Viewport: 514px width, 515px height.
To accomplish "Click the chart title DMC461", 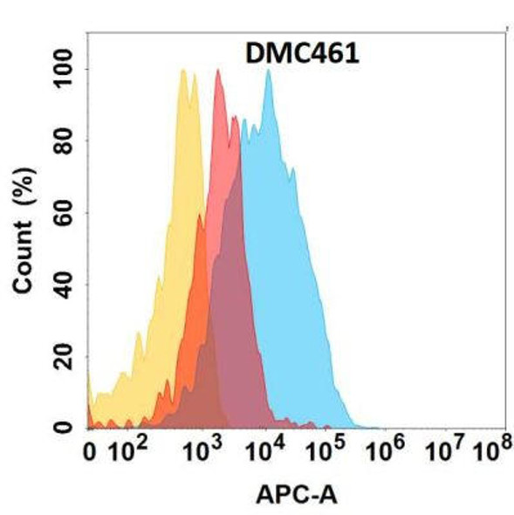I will [x=298, y=54].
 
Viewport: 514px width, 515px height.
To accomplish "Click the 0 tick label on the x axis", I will [x=89, y=452].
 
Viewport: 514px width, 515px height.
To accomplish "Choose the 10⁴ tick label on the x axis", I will [x=266, y=451].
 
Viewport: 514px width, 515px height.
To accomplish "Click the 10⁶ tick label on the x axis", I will [x=387, y=451].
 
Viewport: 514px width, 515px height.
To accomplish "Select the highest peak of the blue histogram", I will [x=267, y=72].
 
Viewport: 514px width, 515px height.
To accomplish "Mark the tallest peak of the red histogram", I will [x=217, y=72].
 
